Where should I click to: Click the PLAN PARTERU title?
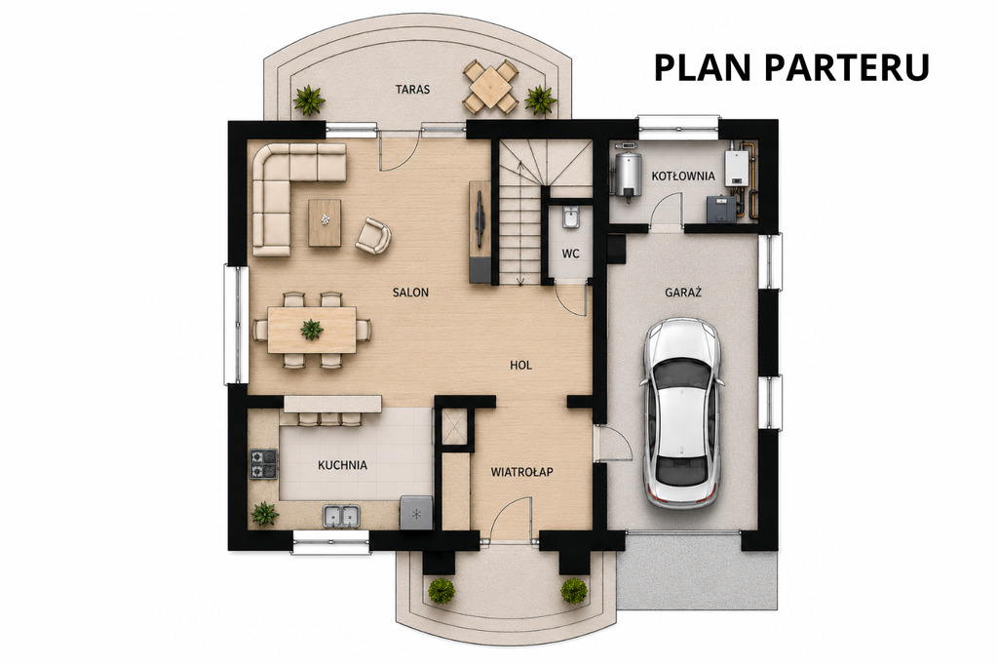[x=791, y=67]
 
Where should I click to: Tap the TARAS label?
[x=412, y=89]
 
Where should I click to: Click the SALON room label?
[x=410, y=293]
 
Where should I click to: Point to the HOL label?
[x=520, y=365]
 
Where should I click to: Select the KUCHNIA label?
[x=342, y=465]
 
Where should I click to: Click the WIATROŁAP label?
[x=522, y=472]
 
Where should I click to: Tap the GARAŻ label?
[x=683, y=293]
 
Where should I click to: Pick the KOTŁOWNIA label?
[x=683, y=176]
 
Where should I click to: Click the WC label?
[x=570, y=254]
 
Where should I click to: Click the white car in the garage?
[x=681, y=412]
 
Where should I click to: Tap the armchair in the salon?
[x=373, y=236]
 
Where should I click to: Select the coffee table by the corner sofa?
[x=325, y=222]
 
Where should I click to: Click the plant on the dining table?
[x=312, y=330]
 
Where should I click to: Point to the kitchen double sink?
[x=342, y=516]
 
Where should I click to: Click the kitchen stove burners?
[x=263, y=464]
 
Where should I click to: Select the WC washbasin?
[x=570, y=217]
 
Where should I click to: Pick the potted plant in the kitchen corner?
[x=265, y=513]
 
